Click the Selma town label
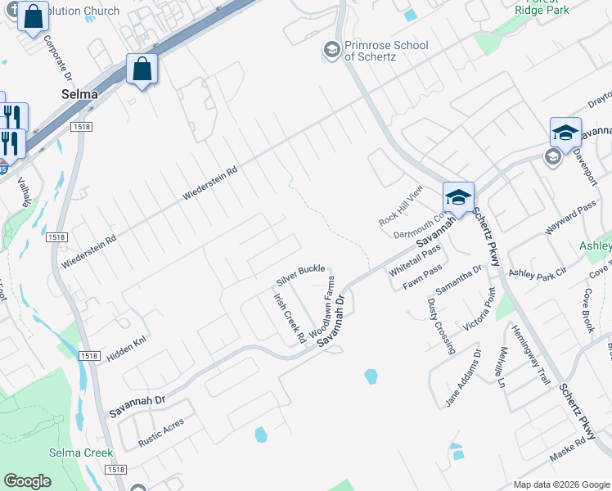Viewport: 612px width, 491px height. [x=79, y=94]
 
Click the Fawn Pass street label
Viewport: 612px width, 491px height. [x=422, y=277]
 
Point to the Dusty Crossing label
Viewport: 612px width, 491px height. [x=440, y=326]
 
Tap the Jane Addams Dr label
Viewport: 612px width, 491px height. [x=465, y=377]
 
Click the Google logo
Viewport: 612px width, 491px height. [x=28, y=481]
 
